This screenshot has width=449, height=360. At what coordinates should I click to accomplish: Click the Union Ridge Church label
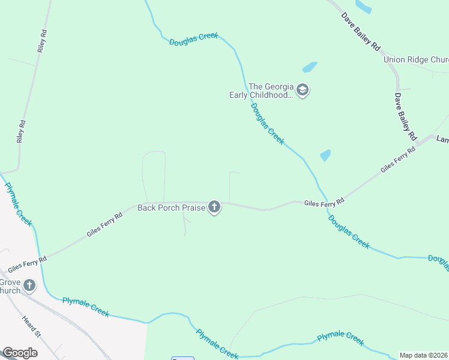416,59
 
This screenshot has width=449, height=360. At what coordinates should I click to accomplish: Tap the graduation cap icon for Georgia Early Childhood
303,91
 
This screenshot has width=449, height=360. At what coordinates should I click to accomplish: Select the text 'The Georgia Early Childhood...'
263,90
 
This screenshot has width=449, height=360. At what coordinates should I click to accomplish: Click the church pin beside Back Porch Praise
214,208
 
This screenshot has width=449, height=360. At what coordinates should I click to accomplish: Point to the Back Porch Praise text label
171,208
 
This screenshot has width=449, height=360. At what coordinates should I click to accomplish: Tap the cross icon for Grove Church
29,286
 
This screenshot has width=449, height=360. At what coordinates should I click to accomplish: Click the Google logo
20,353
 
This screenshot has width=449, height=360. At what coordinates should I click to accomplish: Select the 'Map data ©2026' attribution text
423,355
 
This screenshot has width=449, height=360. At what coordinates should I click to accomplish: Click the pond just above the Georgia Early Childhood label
309,67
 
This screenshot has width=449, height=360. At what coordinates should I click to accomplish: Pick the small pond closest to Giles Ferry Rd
325,155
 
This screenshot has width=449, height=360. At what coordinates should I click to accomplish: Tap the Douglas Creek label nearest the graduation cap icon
267,123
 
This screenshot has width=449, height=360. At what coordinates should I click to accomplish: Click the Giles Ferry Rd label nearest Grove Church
26,265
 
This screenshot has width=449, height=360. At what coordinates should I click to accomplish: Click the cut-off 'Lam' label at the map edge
442,139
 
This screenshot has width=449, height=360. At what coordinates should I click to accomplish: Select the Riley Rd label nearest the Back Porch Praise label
21,131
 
